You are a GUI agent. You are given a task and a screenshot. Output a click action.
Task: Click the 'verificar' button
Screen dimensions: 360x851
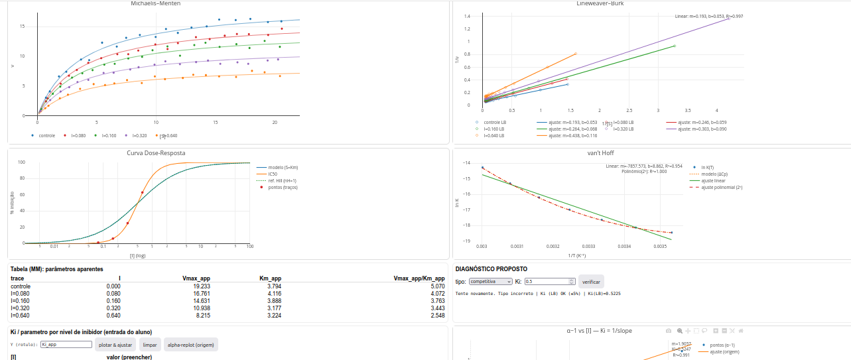click(591, 282)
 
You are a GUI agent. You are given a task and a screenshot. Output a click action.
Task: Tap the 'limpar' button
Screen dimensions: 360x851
click(150, 345)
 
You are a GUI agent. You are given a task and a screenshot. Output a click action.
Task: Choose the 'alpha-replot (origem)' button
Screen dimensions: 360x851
click(191, 345)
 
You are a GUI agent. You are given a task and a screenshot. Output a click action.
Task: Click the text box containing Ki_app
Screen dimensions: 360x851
click(66, 345)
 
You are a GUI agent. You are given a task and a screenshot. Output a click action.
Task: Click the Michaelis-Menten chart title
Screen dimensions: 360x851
click(156, 4)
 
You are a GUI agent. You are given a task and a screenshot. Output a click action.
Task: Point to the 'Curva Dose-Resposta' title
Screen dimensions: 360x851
click(156, 153)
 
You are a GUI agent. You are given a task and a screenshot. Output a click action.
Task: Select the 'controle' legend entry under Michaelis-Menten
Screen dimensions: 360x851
click(46, 135)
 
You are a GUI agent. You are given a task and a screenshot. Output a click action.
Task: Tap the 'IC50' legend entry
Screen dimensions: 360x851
click(273, 174)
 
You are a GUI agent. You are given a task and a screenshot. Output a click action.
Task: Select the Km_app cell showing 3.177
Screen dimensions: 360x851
click(273, 308)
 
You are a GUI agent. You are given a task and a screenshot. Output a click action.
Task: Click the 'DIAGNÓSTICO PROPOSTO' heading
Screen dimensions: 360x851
click(491, 269)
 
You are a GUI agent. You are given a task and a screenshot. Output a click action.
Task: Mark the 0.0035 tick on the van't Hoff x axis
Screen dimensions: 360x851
click(659, 247)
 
